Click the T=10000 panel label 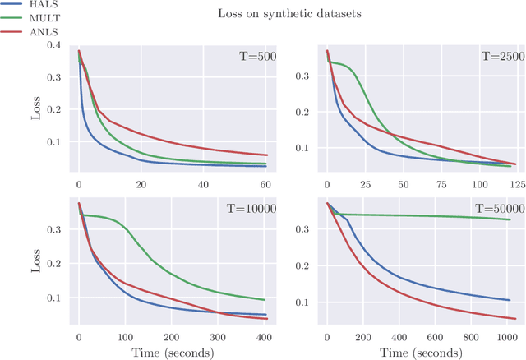click(251, 209)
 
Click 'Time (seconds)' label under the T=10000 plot click(172, 353)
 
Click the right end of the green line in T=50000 click(510, 219)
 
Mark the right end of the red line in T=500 click(268, 155)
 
